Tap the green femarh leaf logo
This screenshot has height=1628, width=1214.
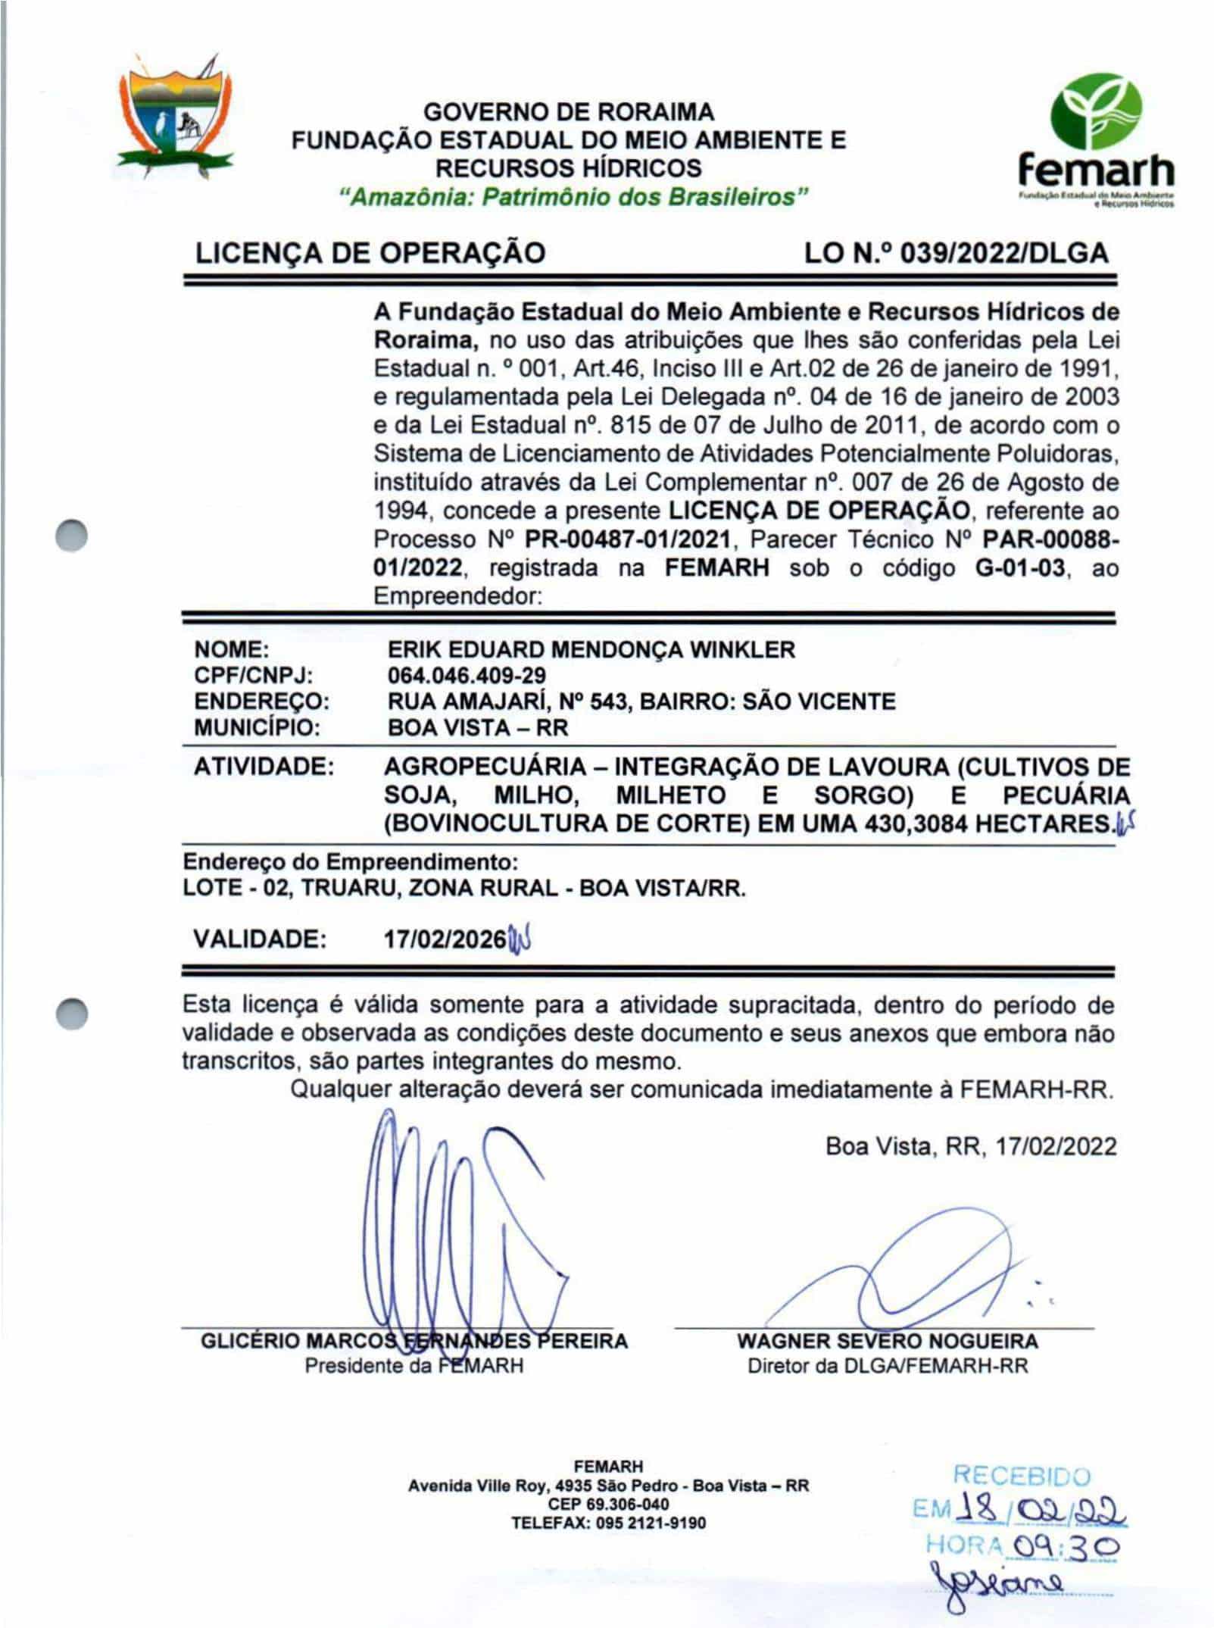click(1095, 113)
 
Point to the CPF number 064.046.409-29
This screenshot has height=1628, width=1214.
click(466, 675)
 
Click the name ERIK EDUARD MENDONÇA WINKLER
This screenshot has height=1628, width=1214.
click(591, 649)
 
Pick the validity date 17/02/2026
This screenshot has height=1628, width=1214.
click(445, 939)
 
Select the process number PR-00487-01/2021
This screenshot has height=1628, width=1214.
click(628, 539)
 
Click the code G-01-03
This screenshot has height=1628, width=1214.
click(1019, 567)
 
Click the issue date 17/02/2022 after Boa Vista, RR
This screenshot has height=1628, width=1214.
click(1056, 1145)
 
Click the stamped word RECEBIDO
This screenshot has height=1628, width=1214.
click(1021, 1476)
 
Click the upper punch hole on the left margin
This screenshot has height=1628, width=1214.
click(73, 536)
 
